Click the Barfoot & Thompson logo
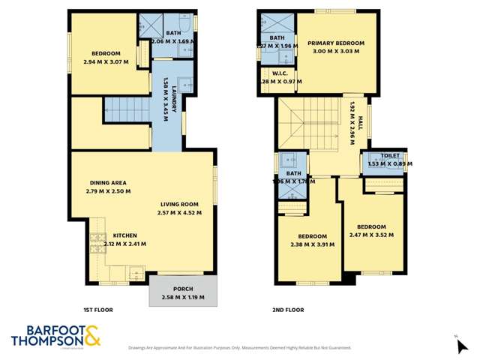55,337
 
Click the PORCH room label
183,289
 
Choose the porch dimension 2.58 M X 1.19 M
183,297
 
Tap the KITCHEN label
115,235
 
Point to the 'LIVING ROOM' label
179,204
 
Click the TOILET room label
390,156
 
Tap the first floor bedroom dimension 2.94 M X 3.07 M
106,62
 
